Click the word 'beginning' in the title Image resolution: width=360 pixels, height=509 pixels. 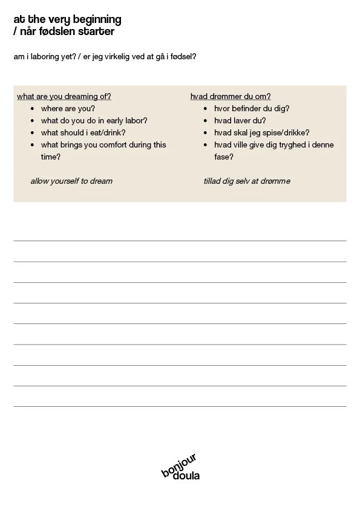[x=97, y=20]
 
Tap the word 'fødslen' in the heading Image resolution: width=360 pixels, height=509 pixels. [x=59, y=31]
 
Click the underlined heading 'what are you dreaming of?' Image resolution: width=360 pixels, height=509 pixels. [x=64, y=96]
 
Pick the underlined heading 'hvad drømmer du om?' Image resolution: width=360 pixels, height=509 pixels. [x=231, y=96]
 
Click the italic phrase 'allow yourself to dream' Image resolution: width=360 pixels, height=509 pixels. [x=71, y=181]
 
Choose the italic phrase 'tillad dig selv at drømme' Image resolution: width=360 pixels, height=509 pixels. [x=247, y=181]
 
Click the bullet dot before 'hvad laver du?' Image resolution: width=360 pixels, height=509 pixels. [x=206, y=121]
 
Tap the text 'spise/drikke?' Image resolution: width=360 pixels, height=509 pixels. [x=287, y=132]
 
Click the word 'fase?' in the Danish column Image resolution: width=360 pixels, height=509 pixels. [x=224, y=157]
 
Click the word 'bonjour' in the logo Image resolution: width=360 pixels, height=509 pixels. [x=179, y=465]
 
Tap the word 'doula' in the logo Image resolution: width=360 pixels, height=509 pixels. [x=186, y=476]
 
